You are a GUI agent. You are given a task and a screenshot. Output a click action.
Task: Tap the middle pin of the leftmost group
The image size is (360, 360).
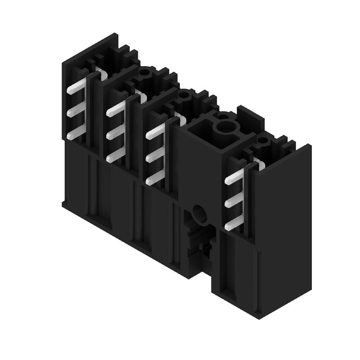click(x=76, y=112)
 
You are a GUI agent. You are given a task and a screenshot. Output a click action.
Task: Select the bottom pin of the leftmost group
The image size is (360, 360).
click(x=76, y=134)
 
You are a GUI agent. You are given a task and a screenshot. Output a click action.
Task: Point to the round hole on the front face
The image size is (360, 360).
click(x=198, y=213)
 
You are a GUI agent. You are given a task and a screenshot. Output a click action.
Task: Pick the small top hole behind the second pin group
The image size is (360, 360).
click(x=144, y=71)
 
